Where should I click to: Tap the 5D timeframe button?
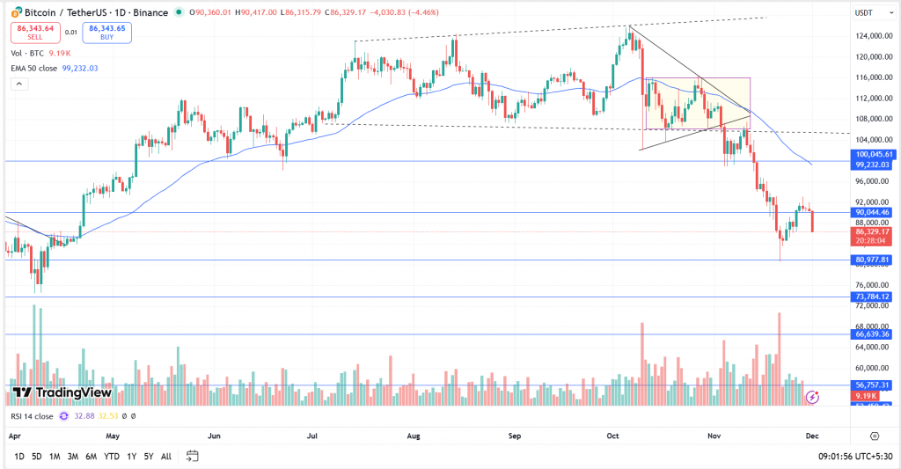[x=36, y=456]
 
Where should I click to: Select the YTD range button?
[x=111, y=456]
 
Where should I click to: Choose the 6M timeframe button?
[x=91, y=456]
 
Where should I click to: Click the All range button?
[x=166, y=456]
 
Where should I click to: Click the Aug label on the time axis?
[x=414, y=436]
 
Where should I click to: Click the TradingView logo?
[x=62, y=392]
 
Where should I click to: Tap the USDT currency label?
[x=866, y=12]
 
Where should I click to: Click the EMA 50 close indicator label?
[x=42, y=68]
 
